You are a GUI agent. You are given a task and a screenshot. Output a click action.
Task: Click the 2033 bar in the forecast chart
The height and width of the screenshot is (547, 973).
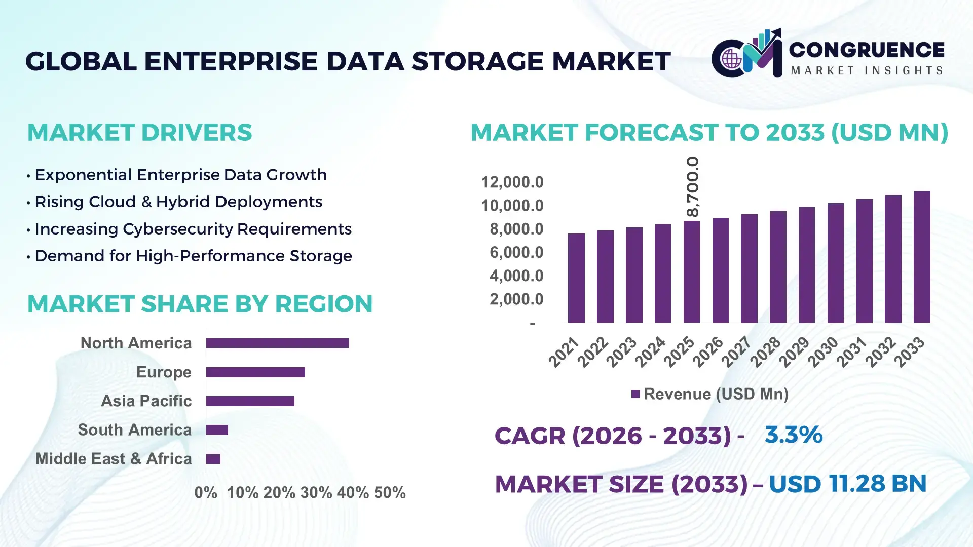point(922,257)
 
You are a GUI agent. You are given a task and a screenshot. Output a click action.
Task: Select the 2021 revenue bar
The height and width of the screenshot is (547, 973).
point(576,278)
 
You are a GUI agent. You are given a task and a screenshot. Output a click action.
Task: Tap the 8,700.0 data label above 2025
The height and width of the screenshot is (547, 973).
point(692,186)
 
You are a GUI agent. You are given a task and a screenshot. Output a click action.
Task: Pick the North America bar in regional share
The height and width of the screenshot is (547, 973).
point(277,343)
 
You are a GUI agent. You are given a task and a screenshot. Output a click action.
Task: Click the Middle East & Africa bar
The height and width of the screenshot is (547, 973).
point(213,459)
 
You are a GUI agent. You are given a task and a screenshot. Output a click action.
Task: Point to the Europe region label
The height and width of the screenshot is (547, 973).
point(164,372)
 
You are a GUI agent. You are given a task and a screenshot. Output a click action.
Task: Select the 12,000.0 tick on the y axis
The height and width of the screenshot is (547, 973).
point(512,182)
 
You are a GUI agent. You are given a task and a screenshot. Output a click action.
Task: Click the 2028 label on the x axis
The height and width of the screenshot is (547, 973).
point(765,352)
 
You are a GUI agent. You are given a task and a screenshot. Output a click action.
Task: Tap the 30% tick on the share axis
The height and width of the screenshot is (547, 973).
point(316,493)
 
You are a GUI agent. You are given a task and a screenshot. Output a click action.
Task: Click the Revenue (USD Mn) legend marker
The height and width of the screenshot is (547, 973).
point(635,394)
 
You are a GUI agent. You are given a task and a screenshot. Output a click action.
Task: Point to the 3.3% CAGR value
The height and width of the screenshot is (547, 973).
point(793,435)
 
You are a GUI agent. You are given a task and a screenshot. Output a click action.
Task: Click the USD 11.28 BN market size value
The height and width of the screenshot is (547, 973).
point(847,484)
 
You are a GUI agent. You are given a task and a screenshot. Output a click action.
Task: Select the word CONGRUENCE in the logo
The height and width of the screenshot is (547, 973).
point(867,50)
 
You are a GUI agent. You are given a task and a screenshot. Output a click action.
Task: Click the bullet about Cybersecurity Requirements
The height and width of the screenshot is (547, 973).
point(193,229)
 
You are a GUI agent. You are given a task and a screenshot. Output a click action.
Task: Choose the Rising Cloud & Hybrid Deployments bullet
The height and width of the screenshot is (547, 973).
point(178,202)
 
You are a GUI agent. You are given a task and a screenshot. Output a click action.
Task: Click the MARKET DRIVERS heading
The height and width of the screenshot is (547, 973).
point(139,133)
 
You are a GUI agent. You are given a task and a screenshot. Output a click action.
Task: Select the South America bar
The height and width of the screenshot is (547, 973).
point(217,430)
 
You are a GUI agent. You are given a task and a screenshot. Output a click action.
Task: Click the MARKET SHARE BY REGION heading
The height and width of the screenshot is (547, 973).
point(200,304)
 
